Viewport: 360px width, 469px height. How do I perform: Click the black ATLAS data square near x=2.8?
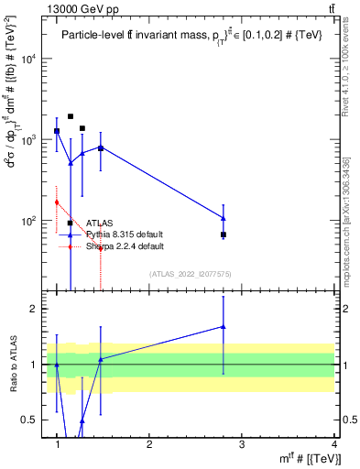point(224,235)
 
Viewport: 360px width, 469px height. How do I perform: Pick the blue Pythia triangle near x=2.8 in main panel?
point(224,218)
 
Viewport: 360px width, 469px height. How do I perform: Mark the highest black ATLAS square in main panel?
point(71,116)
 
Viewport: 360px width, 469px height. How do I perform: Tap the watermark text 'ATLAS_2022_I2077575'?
point(190,274)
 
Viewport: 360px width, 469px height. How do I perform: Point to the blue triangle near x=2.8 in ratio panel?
point(224,326)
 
